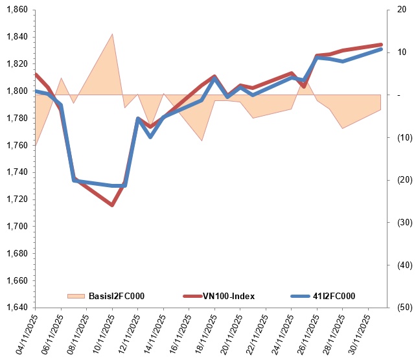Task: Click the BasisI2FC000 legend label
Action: click(x=117, y=296)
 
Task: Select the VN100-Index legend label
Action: click(x=229, y=296)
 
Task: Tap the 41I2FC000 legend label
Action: click(x=334, y=296)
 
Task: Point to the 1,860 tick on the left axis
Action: click(x=17, y=10)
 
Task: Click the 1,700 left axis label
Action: click(x=17, y=226)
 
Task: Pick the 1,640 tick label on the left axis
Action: click(x=17, y=308)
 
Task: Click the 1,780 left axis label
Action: click(x=17, y=118)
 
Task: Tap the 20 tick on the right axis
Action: click(x=402, y=10)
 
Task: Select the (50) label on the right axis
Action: click(x=405, y=308)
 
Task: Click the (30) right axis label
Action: click(x=405, y=222)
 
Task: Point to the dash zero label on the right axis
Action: click(x=399, y=95)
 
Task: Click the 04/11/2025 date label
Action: click(x=26, y=335)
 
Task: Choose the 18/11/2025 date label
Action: click(x=205, y=335)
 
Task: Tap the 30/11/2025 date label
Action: click(x=359, y=335)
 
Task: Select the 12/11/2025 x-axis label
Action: click(x=129, y=335)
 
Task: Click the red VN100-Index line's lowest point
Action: click(x=112, y=205)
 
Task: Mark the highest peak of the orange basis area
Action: click(x=112, y=34)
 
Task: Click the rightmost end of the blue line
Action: click(x=381, y=49)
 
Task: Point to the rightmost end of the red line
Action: click(x=381, y=45)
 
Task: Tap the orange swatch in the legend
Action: click(x=76, y=296)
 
